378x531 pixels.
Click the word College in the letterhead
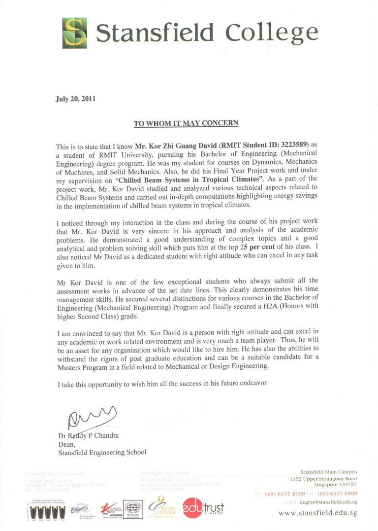(271, 33)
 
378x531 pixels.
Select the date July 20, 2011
(75, 98)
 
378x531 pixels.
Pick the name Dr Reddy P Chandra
(88, 436)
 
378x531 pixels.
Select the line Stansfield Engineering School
(102, 452)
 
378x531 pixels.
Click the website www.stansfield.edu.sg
(318, 513)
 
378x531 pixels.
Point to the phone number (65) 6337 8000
(284, 494)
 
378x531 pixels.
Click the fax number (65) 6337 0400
(337, 494)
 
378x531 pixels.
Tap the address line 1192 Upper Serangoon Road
(323, 478)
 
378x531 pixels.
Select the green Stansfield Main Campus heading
(328, 471)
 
